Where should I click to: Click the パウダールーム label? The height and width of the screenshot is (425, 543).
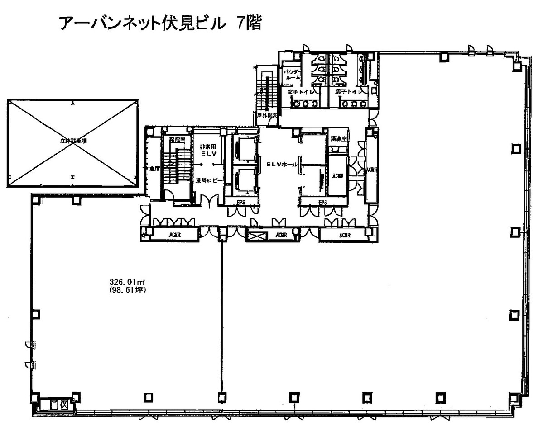point(291,75)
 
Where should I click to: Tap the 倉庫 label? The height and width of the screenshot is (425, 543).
point(155,168)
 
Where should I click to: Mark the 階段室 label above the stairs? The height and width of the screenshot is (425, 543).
point(177,140)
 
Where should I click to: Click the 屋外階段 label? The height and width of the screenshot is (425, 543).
point(266,116)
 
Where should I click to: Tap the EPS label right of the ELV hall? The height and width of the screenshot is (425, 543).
point(322,203)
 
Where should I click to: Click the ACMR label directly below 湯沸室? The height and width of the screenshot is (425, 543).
point(337,175)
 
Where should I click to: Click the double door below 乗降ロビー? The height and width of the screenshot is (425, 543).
point(209,201)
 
